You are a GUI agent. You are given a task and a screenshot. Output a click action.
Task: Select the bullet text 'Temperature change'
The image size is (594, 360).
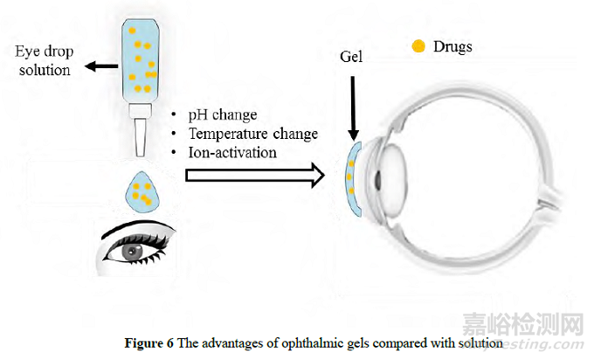coord(252,134)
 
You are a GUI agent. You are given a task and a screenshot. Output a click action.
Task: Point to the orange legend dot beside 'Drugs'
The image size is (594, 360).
coord(419,45)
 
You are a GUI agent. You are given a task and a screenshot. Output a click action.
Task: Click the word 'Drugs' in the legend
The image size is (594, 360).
coord(454,45)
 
